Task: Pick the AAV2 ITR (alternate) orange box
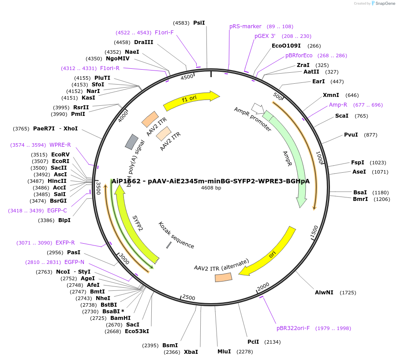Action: coord(223,277)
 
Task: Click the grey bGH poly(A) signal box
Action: coord(132,141)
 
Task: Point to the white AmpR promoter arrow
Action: coord(257,108)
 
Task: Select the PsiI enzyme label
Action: coord(199,22)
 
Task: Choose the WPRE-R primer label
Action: coord(60,145)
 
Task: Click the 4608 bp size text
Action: coord(211,188)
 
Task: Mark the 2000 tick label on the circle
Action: coord(263,286)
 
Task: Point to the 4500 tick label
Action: coord(187,77)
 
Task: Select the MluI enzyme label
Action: coord(224,351)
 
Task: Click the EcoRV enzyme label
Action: coord(60,155)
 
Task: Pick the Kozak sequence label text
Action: coord(176,235)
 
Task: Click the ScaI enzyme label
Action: coord(341,116)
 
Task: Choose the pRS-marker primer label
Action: coord(245,26)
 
